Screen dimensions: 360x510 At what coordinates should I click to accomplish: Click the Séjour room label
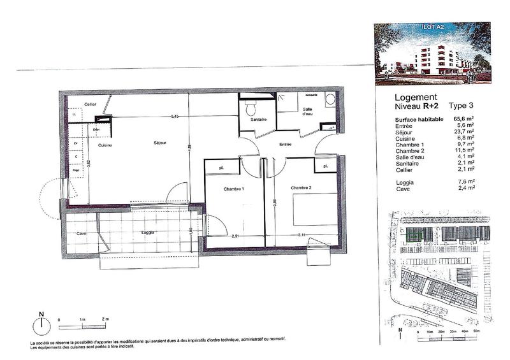pos(160,143)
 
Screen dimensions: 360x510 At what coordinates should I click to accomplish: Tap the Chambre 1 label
pos(233,189)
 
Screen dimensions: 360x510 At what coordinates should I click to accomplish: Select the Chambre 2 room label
pos(301,188)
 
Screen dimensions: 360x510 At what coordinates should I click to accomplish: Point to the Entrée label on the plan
pos(285,145)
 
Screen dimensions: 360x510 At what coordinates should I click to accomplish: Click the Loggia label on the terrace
pos(149,233)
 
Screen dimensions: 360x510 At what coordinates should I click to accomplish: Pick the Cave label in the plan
pos(81,234)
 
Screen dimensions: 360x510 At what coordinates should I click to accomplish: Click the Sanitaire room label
pos(257,120)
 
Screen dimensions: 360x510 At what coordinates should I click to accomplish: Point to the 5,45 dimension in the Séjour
pos(174,117)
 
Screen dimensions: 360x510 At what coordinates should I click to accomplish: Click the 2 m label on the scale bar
pos(105,318)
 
